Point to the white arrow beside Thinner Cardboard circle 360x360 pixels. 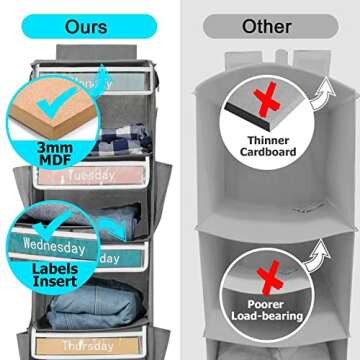pos(322,94)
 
